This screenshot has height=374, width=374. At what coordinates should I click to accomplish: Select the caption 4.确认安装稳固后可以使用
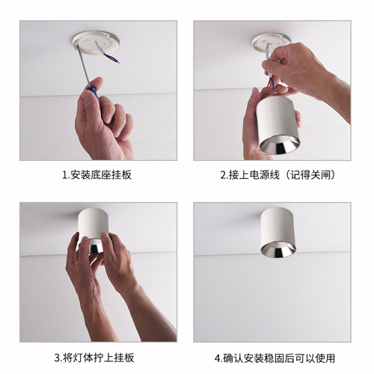(x=274, y=358)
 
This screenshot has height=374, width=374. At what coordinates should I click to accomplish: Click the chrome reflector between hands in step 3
(x=98, y=247)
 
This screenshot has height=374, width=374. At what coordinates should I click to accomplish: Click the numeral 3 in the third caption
(x=57, y=358)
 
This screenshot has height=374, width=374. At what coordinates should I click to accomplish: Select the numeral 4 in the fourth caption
(x=217, y=358)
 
